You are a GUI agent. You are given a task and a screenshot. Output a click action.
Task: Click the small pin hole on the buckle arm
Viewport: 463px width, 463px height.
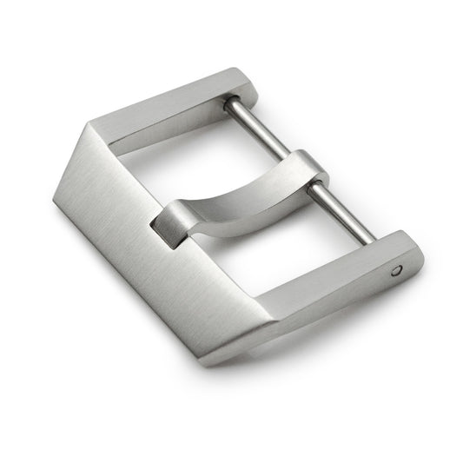click(398, 270)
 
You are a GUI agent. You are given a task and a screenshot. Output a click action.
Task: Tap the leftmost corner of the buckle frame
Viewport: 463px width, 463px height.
click(55, 200)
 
